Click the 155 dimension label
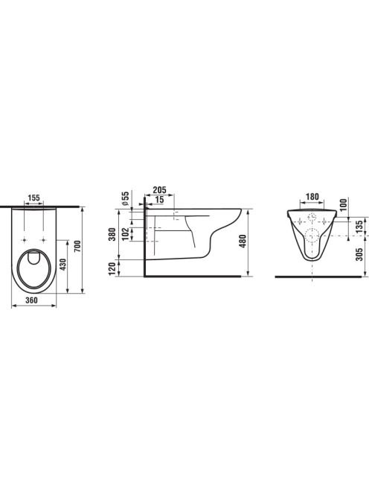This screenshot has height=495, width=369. [x=33, y=198]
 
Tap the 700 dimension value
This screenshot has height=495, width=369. [x=78, y=246]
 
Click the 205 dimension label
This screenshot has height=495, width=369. [x=159, y=190]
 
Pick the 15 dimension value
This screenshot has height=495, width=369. [x=160, y=200]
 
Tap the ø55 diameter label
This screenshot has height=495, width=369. [x=126, y=198]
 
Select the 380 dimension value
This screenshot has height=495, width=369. [x=112, y=234]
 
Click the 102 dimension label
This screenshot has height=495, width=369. [x=126, y=234]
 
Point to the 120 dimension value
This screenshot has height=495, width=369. [x=112, y=268]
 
